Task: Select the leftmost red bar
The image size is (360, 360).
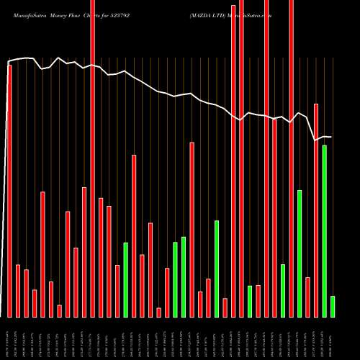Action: (10, 191)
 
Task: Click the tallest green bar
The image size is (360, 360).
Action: (324, 230)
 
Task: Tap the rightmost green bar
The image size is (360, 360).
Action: (333, 306)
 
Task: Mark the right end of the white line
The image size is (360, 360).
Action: (331, 137)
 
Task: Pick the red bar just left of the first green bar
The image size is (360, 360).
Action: (117, 291)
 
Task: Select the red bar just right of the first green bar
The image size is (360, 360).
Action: (134, 235)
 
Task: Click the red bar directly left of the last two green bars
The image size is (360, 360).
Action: (316, 210)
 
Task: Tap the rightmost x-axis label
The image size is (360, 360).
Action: (333, 338)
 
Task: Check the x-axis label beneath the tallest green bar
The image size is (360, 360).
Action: (324, 338)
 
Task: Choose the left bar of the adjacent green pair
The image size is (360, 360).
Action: (175, 279)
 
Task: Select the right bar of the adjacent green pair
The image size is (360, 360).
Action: (184, 276)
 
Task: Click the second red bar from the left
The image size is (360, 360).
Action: (18, 291)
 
